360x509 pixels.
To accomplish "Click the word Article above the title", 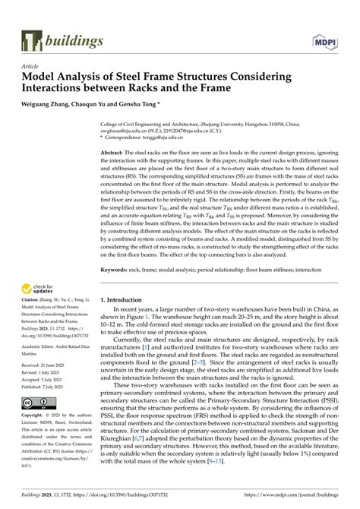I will [31, 66].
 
